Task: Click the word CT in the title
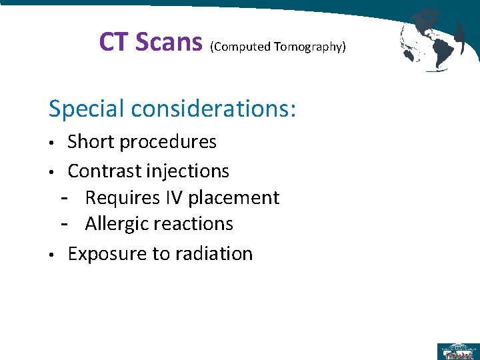point(114,42)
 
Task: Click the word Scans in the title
point(169,42)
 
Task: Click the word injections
point(189,171)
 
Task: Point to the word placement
point(234,197)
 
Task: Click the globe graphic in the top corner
point(431,39)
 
